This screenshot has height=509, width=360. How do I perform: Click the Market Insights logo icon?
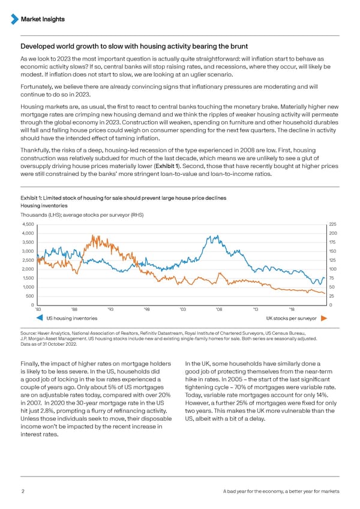coord(16,19)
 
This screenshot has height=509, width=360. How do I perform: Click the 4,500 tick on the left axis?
coord(29,224)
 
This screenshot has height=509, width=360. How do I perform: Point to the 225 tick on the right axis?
coord(334,224)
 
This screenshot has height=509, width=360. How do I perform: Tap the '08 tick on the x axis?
coord(219,310)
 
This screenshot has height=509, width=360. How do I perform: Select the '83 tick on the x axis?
coord(38,310)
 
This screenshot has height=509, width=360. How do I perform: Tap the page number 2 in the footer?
coord(22,492)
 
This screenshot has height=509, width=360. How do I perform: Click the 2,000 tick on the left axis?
coord(29,269)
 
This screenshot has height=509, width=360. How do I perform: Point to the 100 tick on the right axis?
coord(334,269)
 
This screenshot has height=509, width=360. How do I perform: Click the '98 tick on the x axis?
coord(147,310)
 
